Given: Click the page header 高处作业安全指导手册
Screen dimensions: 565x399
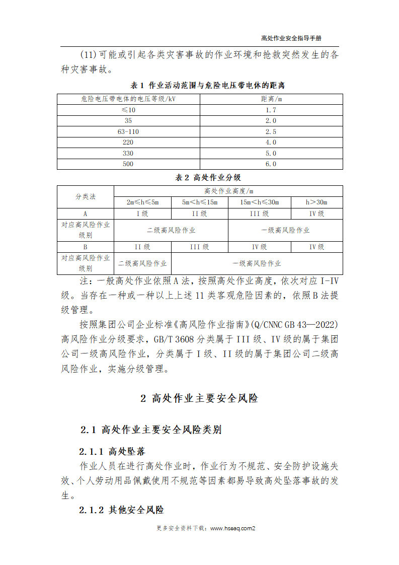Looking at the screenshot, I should pyautogui.click(x=291, y=38).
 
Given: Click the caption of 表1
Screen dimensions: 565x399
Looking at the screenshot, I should pyautogui.click(x=200, y=85).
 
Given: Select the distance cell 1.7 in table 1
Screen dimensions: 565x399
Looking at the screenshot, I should pyautogui.click(x=271, y=110).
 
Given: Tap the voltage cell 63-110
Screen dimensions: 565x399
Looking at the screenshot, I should pyautogui.click(x=128, y=131).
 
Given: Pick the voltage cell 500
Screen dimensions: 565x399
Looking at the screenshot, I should pyautogui.click(x=128, y=164).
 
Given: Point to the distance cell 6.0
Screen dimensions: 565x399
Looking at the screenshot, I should pyautogui.click(x=271, y=164).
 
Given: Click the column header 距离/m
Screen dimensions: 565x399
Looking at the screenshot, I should pyautogui.click(x=271, y=99).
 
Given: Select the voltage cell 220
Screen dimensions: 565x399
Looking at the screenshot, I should pyautogui.click(x=128, y=143).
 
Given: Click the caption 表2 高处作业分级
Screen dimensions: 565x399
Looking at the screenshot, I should pyautogui.click(x=200, y=177).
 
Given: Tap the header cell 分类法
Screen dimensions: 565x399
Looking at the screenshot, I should pyautogui.click(x=86, y=196).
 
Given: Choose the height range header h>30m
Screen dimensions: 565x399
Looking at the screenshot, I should pyautogui.click(x=316, y=202).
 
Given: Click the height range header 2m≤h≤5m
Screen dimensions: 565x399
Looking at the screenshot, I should pyautogui.click(x=142, y=202).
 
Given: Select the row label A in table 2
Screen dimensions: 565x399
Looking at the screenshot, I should pyautogui.click(x=86, y=214).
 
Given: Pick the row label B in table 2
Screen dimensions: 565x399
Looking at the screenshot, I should pyautogui.click(x=86, y=247).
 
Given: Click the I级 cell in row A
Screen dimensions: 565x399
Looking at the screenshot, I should pyautogui.click(x=142, y=214).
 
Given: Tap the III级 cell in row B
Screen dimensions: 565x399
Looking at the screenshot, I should pyautogui.click(x=199, y=247).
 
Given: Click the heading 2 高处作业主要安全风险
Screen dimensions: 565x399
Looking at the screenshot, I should pyautogui.click(x=199, y=398).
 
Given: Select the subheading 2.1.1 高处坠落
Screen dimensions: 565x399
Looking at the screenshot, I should pyautogui.click(x=116, y=451).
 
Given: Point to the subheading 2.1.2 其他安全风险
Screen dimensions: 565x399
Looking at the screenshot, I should pyautogui.click(x=121, y=510).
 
